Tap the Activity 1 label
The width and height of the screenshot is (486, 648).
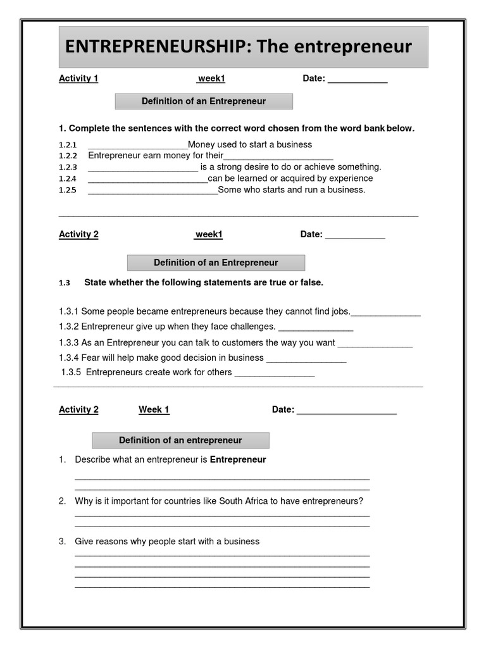[x=78, y=78]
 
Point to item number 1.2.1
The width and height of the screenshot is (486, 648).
[x=68, y=145]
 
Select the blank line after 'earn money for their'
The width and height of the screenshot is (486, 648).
[x=278, y=157]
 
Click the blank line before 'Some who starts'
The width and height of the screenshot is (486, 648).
[x=153, y=191]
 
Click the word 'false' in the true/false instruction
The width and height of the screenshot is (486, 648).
[x=311, y=283]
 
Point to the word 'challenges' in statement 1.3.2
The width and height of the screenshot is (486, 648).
[x=254, y=327]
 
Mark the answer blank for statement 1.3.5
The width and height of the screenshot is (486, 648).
[x=274, y=373]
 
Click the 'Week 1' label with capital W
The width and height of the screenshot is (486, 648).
[x=154, y=409]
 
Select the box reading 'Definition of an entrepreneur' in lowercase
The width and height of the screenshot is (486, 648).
[x=180, y=440]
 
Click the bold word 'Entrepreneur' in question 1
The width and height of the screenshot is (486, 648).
[x=238, y=459]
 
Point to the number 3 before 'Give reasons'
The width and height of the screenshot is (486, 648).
[x=62, y=542]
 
